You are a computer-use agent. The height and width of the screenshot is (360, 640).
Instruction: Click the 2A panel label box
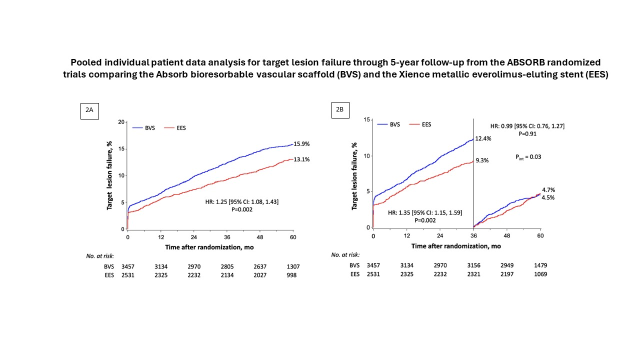coord(89,110)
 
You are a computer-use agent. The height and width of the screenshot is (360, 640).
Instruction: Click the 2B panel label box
coord(340,110)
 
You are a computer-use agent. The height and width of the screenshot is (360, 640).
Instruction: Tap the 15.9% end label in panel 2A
coord(302,144)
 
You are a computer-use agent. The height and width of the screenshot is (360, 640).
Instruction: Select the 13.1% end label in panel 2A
coord(302,159)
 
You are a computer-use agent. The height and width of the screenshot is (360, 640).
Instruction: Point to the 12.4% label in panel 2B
coord(483,138)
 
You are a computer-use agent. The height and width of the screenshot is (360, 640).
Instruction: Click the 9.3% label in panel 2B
coord(481,160)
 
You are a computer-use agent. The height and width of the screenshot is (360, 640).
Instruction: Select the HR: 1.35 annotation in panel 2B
coord(425,212)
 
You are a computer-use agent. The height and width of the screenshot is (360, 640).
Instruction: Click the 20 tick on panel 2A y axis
coord(120,122)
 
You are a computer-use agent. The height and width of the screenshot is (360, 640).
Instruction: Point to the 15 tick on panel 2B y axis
coord(366,120)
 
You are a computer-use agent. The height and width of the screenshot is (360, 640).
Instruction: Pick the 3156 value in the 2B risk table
coord(473,265)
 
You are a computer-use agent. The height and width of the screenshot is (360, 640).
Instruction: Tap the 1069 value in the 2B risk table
coord(540,274)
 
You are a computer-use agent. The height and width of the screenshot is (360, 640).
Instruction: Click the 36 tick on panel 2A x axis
coord(227,237)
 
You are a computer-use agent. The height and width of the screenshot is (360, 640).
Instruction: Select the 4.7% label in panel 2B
coord(548,190)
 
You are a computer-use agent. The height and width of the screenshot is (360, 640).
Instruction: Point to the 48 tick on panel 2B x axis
coord(507,235)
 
